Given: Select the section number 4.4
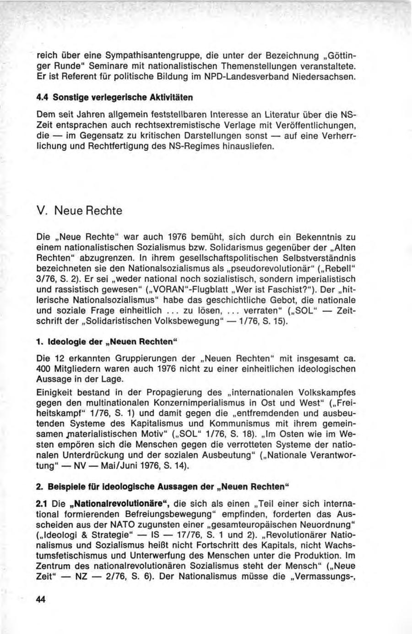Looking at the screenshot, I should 43,97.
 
